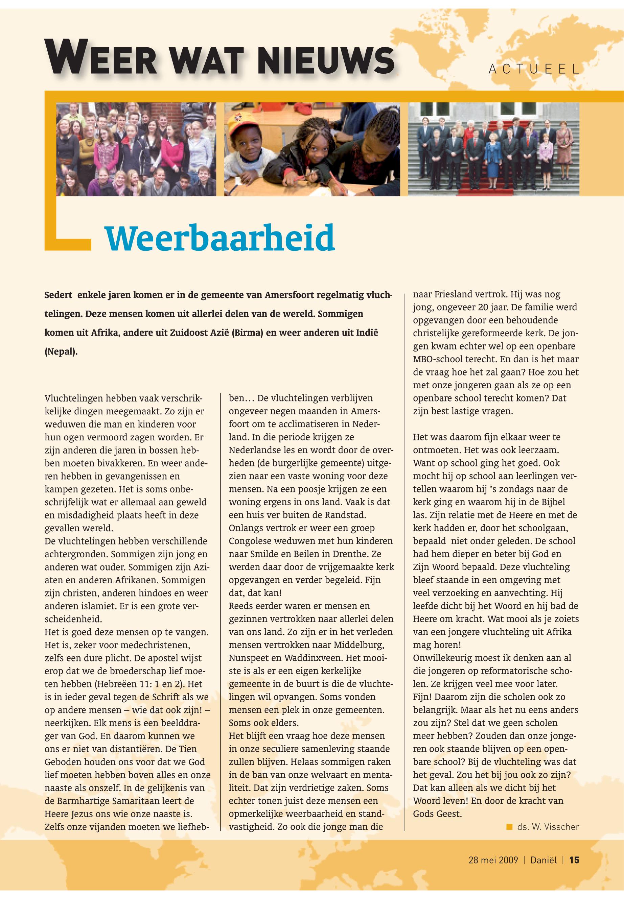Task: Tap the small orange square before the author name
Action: pyautogui.click(x=509, y=827)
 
